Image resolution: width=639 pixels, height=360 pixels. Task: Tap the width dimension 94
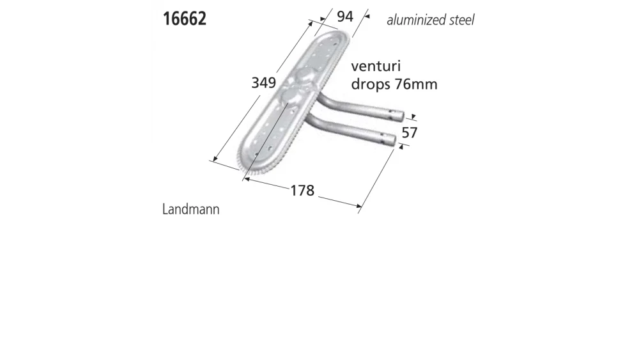(345, 17)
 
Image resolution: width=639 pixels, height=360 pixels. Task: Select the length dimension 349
(263, 82)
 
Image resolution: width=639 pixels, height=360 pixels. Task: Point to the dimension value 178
(302, 190)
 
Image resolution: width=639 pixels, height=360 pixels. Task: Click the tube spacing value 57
(409, 132)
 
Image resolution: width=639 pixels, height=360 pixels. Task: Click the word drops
(370, 84)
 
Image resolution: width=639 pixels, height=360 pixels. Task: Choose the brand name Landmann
(191, 209)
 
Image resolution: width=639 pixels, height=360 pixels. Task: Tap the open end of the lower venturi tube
(392, 141)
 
